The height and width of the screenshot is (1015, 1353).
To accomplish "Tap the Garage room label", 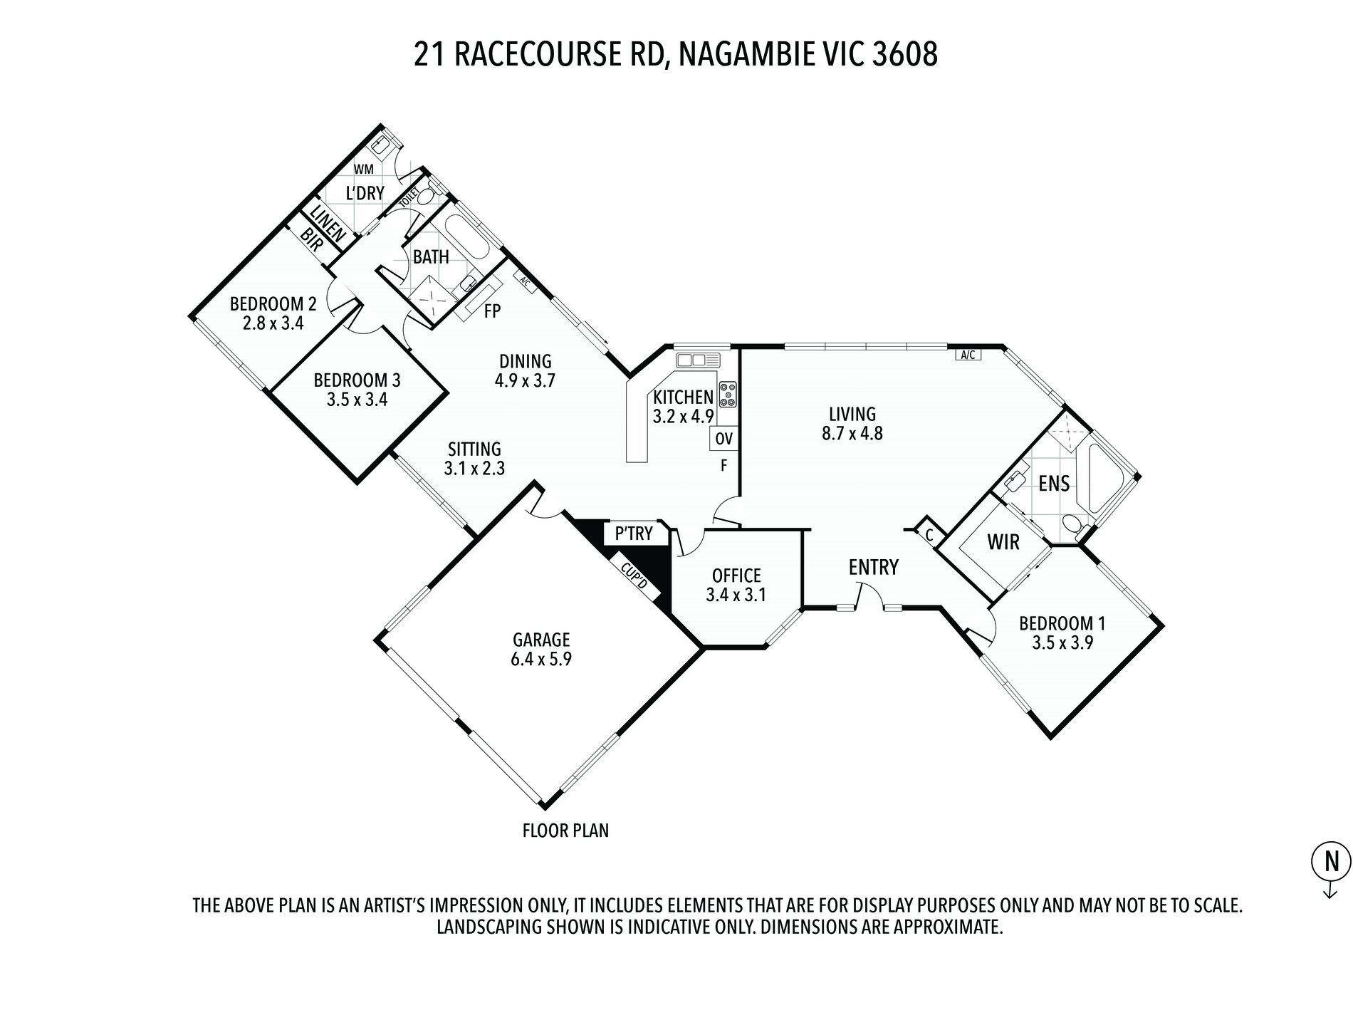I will tap(540, 639).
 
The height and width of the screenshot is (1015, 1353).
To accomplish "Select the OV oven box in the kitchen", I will tap(723, 439).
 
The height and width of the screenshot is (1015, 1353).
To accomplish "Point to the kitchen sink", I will tap(698, 359).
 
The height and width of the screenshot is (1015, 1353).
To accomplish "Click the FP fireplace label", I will tap(492, 311).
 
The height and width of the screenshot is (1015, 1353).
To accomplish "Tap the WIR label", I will tap(1003, 542).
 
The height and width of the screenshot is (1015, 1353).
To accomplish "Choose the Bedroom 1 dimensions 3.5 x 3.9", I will tap(1062, 642).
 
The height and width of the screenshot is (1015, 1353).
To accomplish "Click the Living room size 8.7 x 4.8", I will tap(852, 432).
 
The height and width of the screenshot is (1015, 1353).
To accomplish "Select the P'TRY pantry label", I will tap(634, 533).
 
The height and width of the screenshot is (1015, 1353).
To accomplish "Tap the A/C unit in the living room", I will tap(968, 355).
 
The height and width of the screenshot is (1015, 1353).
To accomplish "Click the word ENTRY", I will tap(873, 567).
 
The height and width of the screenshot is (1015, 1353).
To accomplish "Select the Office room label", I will tap(736, 576).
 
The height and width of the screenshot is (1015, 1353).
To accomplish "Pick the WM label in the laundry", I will tap(363, 170).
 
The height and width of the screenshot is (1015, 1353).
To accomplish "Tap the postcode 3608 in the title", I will tap(904, 55).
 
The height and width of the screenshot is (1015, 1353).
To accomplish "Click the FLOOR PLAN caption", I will tap(565, 831).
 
